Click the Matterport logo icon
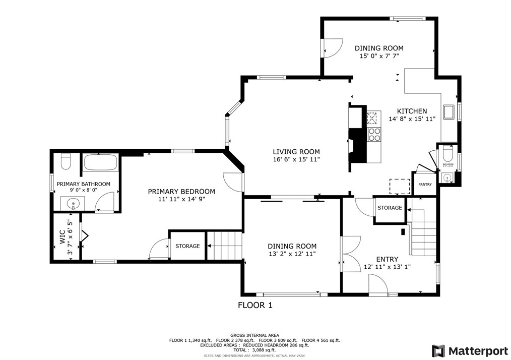point(439,350)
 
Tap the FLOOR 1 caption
point(255,305)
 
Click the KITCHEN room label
point(412,111)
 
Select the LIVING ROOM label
point(296,152)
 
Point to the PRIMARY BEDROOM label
point(181,192)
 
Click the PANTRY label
point(425,185)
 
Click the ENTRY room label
point(387,259)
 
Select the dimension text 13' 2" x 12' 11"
point(292,254)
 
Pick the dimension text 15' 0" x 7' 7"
point(379,56)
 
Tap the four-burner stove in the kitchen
point(374,134)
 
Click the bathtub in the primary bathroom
point(100,163)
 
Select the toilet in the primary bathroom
point(65,162)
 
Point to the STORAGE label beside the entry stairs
point(390,208)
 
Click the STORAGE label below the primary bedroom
point(187,246)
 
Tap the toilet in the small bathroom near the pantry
point(447,153)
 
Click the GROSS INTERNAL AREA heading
point(255,335)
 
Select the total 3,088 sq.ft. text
point(255,350)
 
